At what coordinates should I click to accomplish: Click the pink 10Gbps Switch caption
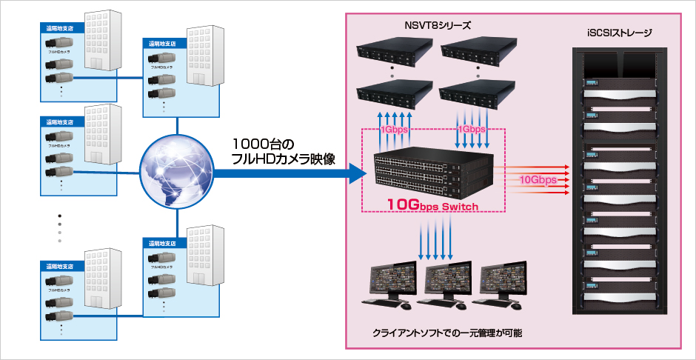[434, 204]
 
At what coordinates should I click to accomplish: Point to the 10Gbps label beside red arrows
[538, 179]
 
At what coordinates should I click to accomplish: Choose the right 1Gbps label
[471, 129]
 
